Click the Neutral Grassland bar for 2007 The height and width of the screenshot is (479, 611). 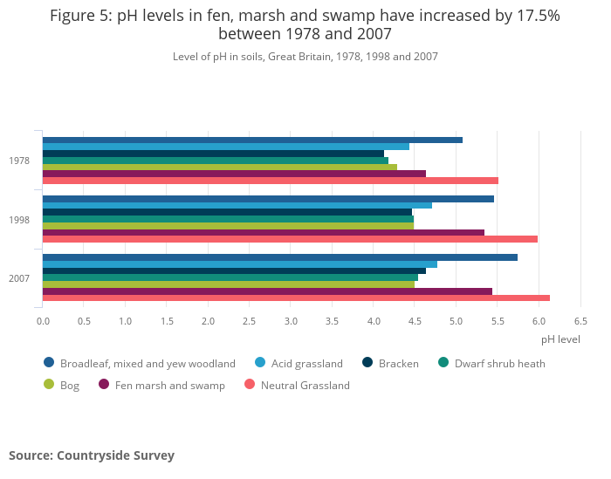[x=296, y=298]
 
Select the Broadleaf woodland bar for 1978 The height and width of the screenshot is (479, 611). [x=252, y=140]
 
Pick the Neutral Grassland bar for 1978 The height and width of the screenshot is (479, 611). [x=271, y=181]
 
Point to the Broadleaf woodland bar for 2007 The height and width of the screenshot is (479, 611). [x=280, y=257]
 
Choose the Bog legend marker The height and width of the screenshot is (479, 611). [x=49, y=385]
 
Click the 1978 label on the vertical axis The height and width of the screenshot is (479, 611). [x=19, y=161]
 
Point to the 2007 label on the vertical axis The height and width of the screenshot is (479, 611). [x=19, y=278]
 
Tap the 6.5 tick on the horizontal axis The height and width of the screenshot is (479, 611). [x=580, y=321]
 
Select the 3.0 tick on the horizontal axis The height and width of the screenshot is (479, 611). [x=291, y=321]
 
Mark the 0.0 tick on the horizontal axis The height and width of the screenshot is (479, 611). [x=43, y=321]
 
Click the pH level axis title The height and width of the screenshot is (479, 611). [x=560, y=339]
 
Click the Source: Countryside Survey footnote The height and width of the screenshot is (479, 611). [x=92, y=455]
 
